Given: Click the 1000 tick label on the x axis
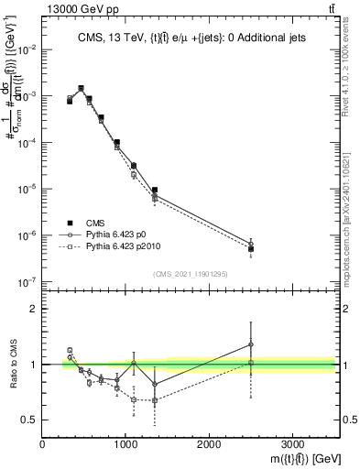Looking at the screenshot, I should pos(125,443).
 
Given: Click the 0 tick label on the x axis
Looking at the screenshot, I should pos(43,443).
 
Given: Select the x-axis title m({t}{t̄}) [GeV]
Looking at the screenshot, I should pos(294,458).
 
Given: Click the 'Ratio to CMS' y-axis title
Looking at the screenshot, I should pos(12,364).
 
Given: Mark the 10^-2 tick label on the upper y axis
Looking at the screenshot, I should pos(28,49).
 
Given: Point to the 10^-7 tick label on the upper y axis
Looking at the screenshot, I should pos(28,282).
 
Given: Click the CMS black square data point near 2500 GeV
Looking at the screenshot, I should pos(251,248).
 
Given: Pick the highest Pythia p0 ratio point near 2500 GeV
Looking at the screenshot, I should pos(251,344).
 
